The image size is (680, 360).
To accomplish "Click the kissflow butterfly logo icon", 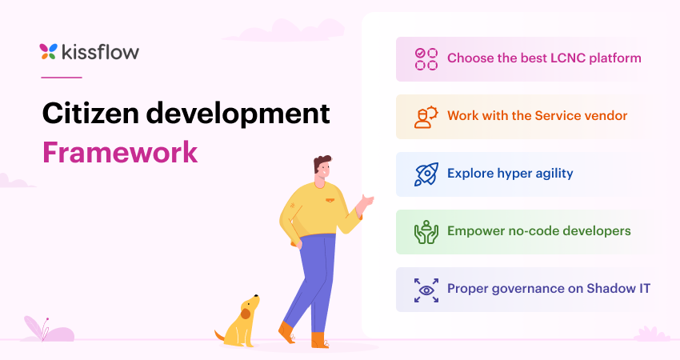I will pyautogui.click(x=48, y=52).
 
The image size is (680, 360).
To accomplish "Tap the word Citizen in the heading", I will pyautogui.click(x=89, y=114).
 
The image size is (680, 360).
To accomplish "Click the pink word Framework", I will pyautogui.click(x=119, y=152).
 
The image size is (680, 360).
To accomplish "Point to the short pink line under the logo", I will pyautogui.click(x=61, y=78).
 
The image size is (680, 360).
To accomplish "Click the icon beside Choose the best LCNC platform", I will pyautogui.click(x=426, y=58).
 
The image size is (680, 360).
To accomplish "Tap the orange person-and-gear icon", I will pyautogui.click(x=426, y=116).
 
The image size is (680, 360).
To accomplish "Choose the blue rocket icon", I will pyautogui.click(x=426, y=174).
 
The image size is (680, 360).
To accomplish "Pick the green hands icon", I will pyautogui.click(x=426, y=231).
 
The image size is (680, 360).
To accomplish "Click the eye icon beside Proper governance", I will pyautogui.click(x=426, y=289).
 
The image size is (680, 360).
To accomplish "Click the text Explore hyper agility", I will pyautogui.click(x=510, y=174).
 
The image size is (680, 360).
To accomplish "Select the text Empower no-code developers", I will pyautogui.click(x=538, y=231).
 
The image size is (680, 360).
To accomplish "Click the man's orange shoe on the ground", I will pyautogui.click(x=319, y=340).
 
